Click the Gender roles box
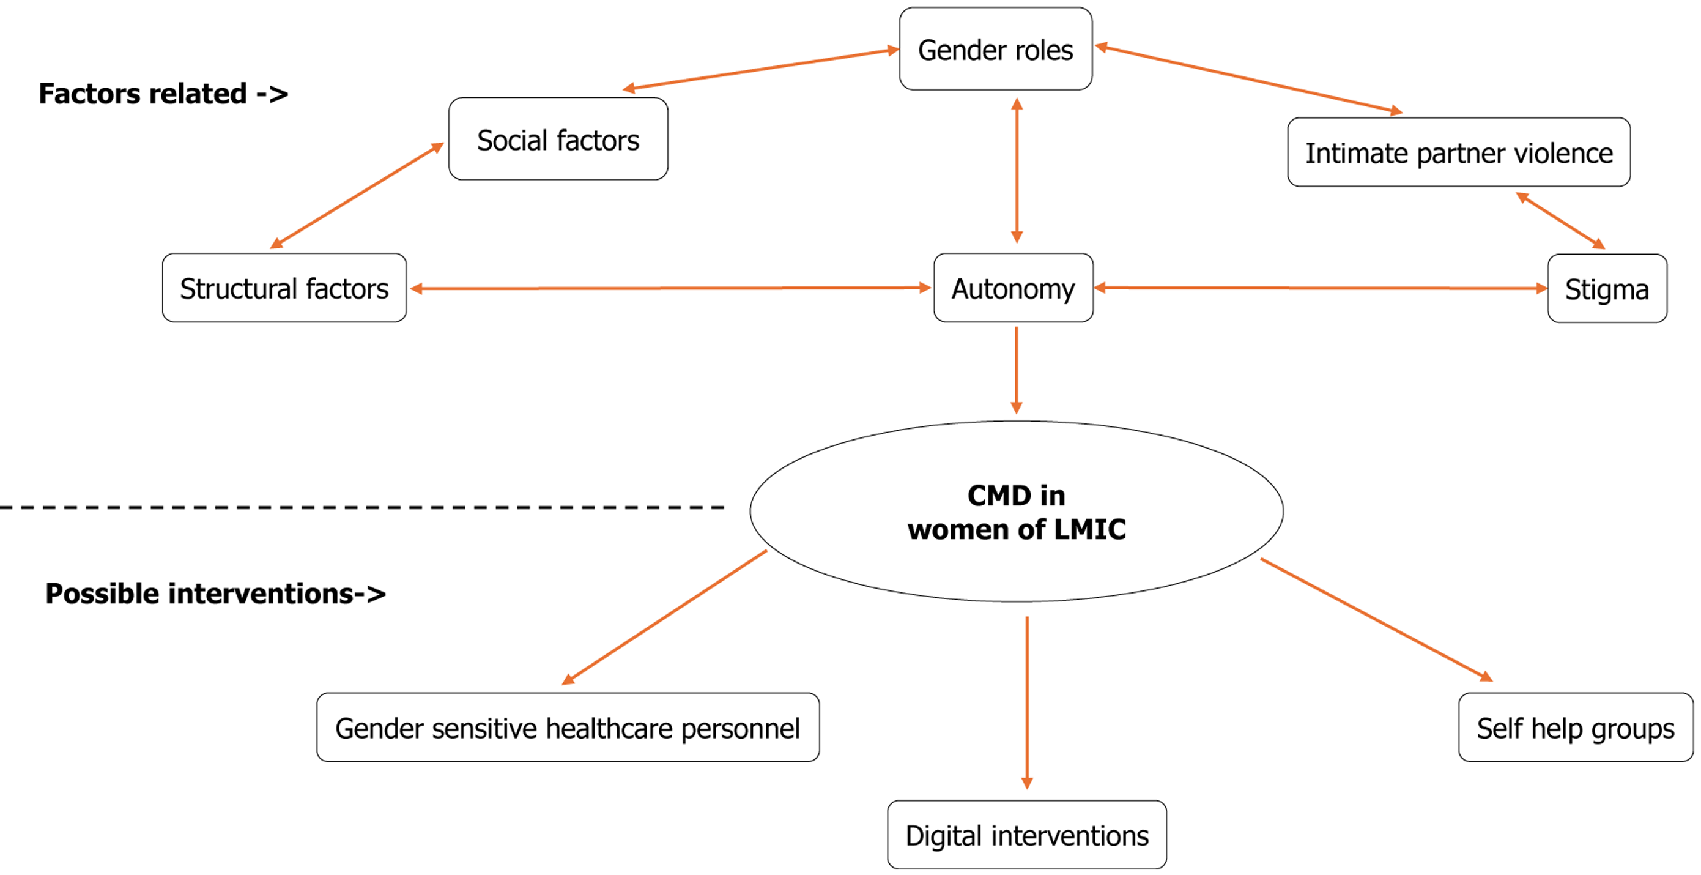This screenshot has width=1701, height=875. tap(995, 50)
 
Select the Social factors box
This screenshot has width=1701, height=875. tap(558, 140)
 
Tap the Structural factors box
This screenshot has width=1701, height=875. tap(284, 289)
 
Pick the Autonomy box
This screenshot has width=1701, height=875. tap(1013, 289)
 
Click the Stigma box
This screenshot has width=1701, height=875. tap(1607, 289)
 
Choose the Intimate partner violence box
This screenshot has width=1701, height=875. tap(1458, 152)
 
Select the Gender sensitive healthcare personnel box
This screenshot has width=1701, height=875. tap(568, 728)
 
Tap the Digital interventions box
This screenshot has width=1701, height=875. tap(1027, 835)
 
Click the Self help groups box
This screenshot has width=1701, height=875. tap(1575, 728)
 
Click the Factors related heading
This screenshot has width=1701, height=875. tap(163, 94)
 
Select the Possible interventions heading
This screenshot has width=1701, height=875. tap(215, 594)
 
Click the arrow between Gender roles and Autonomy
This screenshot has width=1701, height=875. tap(1017, 170)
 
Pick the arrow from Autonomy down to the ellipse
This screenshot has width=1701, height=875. tap(1016, 370)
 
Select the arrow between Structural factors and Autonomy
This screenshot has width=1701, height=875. tap(670, 288)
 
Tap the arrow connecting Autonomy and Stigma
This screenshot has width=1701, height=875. tap(1321, 288)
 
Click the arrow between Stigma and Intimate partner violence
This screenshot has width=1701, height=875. tap(1560, 220)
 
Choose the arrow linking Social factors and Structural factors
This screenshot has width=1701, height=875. tap(357, 195)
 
